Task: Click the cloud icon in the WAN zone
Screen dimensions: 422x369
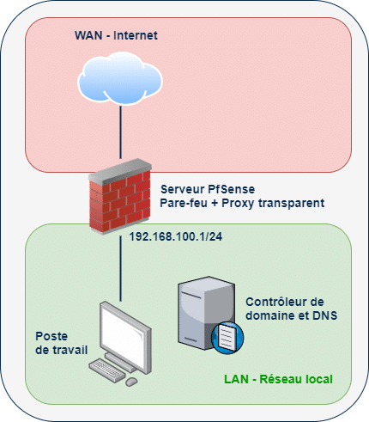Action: [x=120, y=80]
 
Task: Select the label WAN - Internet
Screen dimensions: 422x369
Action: [x=118, y=36]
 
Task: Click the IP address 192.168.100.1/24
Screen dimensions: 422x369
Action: [x=181, y=235]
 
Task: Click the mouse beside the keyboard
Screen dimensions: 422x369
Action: [x=132, y=381]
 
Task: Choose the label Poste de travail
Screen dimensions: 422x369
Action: [x=54, y=343]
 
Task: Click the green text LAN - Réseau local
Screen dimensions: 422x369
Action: [x=277, y=378]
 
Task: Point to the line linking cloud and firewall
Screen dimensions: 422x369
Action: [x=120, y=138]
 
